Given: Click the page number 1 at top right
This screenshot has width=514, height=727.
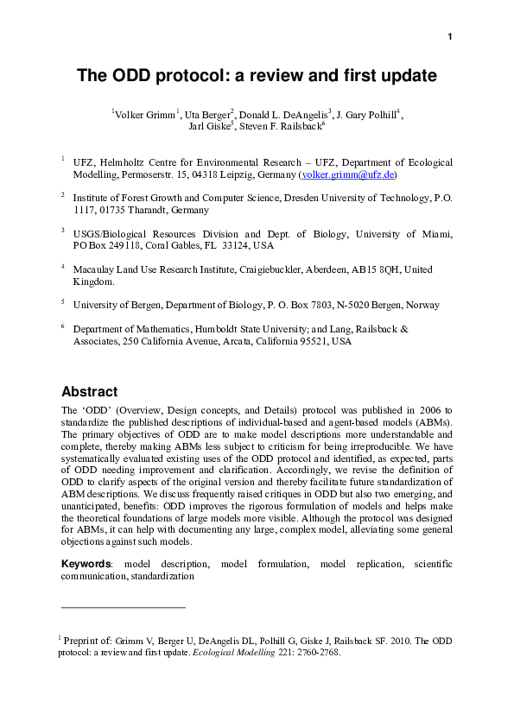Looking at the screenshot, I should (450, 36).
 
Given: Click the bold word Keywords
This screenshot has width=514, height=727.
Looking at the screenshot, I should (86, 564).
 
